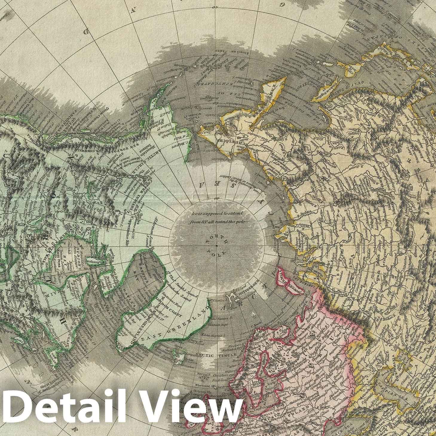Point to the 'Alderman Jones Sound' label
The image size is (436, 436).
tap(148, 233)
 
